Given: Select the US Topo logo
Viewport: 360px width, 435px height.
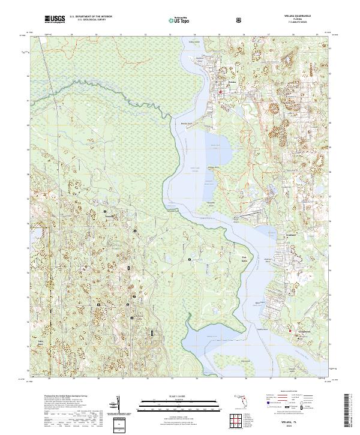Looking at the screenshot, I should tap(177, 19).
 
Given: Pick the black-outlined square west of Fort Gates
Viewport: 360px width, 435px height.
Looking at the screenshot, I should tap(190, 259).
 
